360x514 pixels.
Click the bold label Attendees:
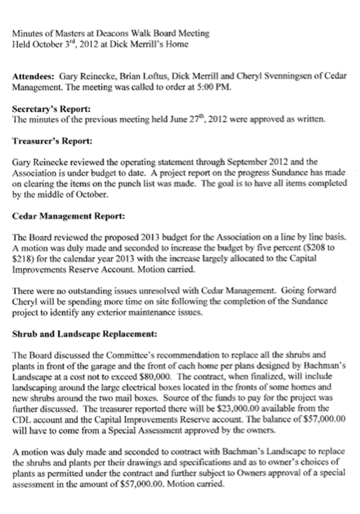point(35,75)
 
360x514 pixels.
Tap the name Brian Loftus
point(139,75)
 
